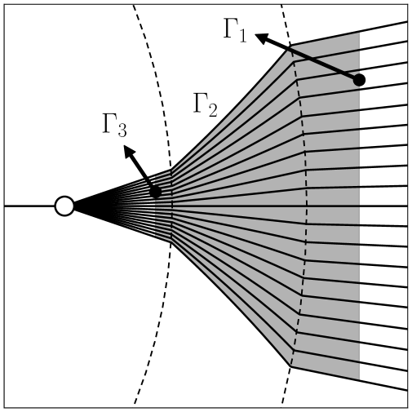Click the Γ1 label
(x=234, y=31)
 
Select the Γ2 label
(x=205, y=105)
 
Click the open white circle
(x=64, y=206)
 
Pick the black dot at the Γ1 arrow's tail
(x=358, y=80)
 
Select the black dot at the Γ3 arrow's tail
(x=155, y=193)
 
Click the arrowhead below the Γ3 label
(x=128, y=151)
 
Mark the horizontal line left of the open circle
(x=29, y=206)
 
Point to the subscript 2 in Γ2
(x=212, y=110)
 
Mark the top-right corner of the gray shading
(x=359, y=33)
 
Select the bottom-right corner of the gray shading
(x=359, y=379)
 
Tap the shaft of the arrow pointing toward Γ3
(x=143, y=173)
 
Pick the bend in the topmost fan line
(x=291, y=46)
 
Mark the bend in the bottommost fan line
(x=291, y=366)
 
